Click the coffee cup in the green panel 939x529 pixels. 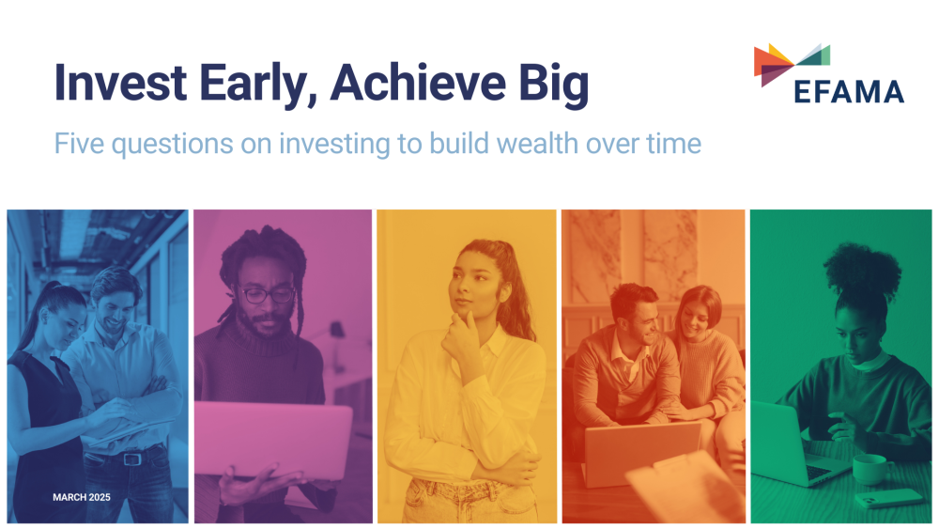tap(870, 467)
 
